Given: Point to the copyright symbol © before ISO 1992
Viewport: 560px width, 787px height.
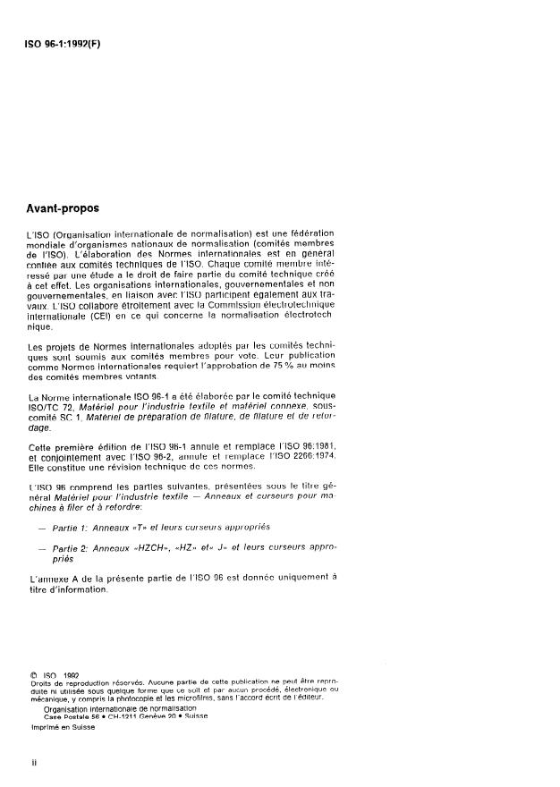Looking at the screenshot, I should (33, 677).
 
